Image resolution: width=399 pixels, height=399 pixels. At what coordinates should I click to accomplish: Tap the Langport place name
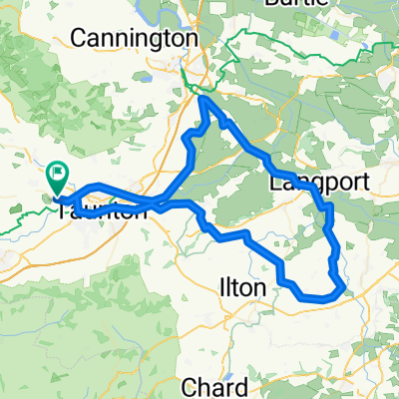tap(319, 184)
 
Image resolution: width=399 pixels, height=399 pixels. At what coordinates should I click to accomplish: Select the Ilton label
tap(242, 289)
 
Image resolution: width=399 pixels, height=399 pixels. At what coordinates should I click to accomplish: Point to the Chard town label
tap(215, 386)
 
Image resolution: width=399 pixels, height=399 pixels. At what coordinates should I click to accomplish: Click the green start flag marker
tap(57, 179)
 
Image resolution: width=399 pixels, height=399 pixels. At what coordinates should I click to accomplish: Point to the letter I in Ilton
tap(220, 289)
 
